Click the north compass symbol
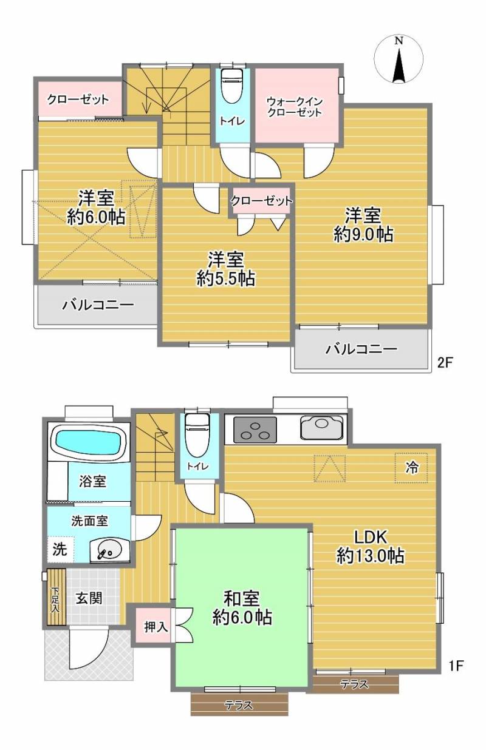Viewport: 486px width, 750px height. pos(399,59)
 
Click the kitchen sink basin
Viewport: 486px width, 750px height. pos(322,427)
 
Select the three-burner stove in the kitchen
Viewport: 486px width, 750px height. pos(255,430)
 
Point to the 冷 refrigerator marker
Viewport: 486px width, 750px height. pos(411,468)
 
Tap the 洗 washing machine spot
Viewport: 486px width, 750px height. pos(60,549)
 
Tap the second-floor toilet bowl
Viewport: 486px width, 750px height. pos(232,86)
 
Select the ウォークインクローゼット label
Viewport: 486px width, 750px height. pos(295,106)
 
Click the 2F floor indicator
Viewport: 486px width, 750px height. pos(445,362)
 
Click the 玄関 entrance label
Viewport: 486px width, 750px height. pos(89,598)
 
